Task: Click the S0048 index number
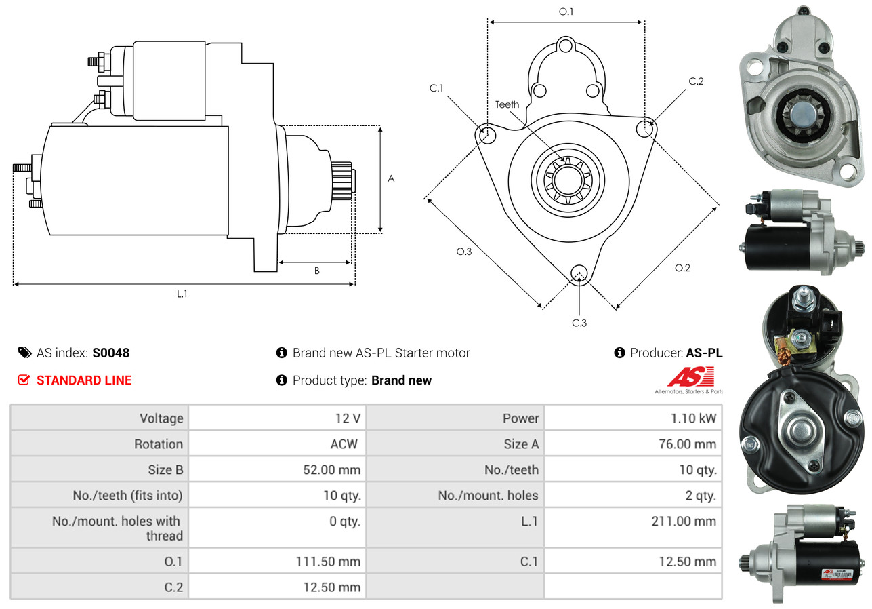click(111, 353)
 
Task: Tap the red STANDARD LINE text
click(84, 380)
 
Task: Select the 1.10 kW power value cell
click(692, 418)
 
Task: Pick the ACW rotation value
click(344, 444)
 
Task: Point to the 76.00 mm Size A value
click(687, 444)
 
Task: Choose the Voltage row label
click(161, 418)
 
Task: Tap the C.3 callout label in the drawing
click(579, 323)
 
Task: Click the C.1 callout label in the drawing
click(436, 88)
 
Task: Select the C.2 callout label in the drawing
click(696, 81)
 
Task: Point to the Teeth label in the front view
click(507, 104)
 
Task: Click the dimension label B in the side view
click(316, 271)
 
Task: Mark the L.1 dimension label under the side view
click(182, 294)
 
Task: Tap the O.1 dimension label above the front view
click(566, 12)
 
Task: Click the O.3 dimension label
click(463, 252)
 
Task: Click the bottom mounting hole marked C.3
click(579, 273)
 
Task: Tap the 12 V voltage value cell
click(343, 418)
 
